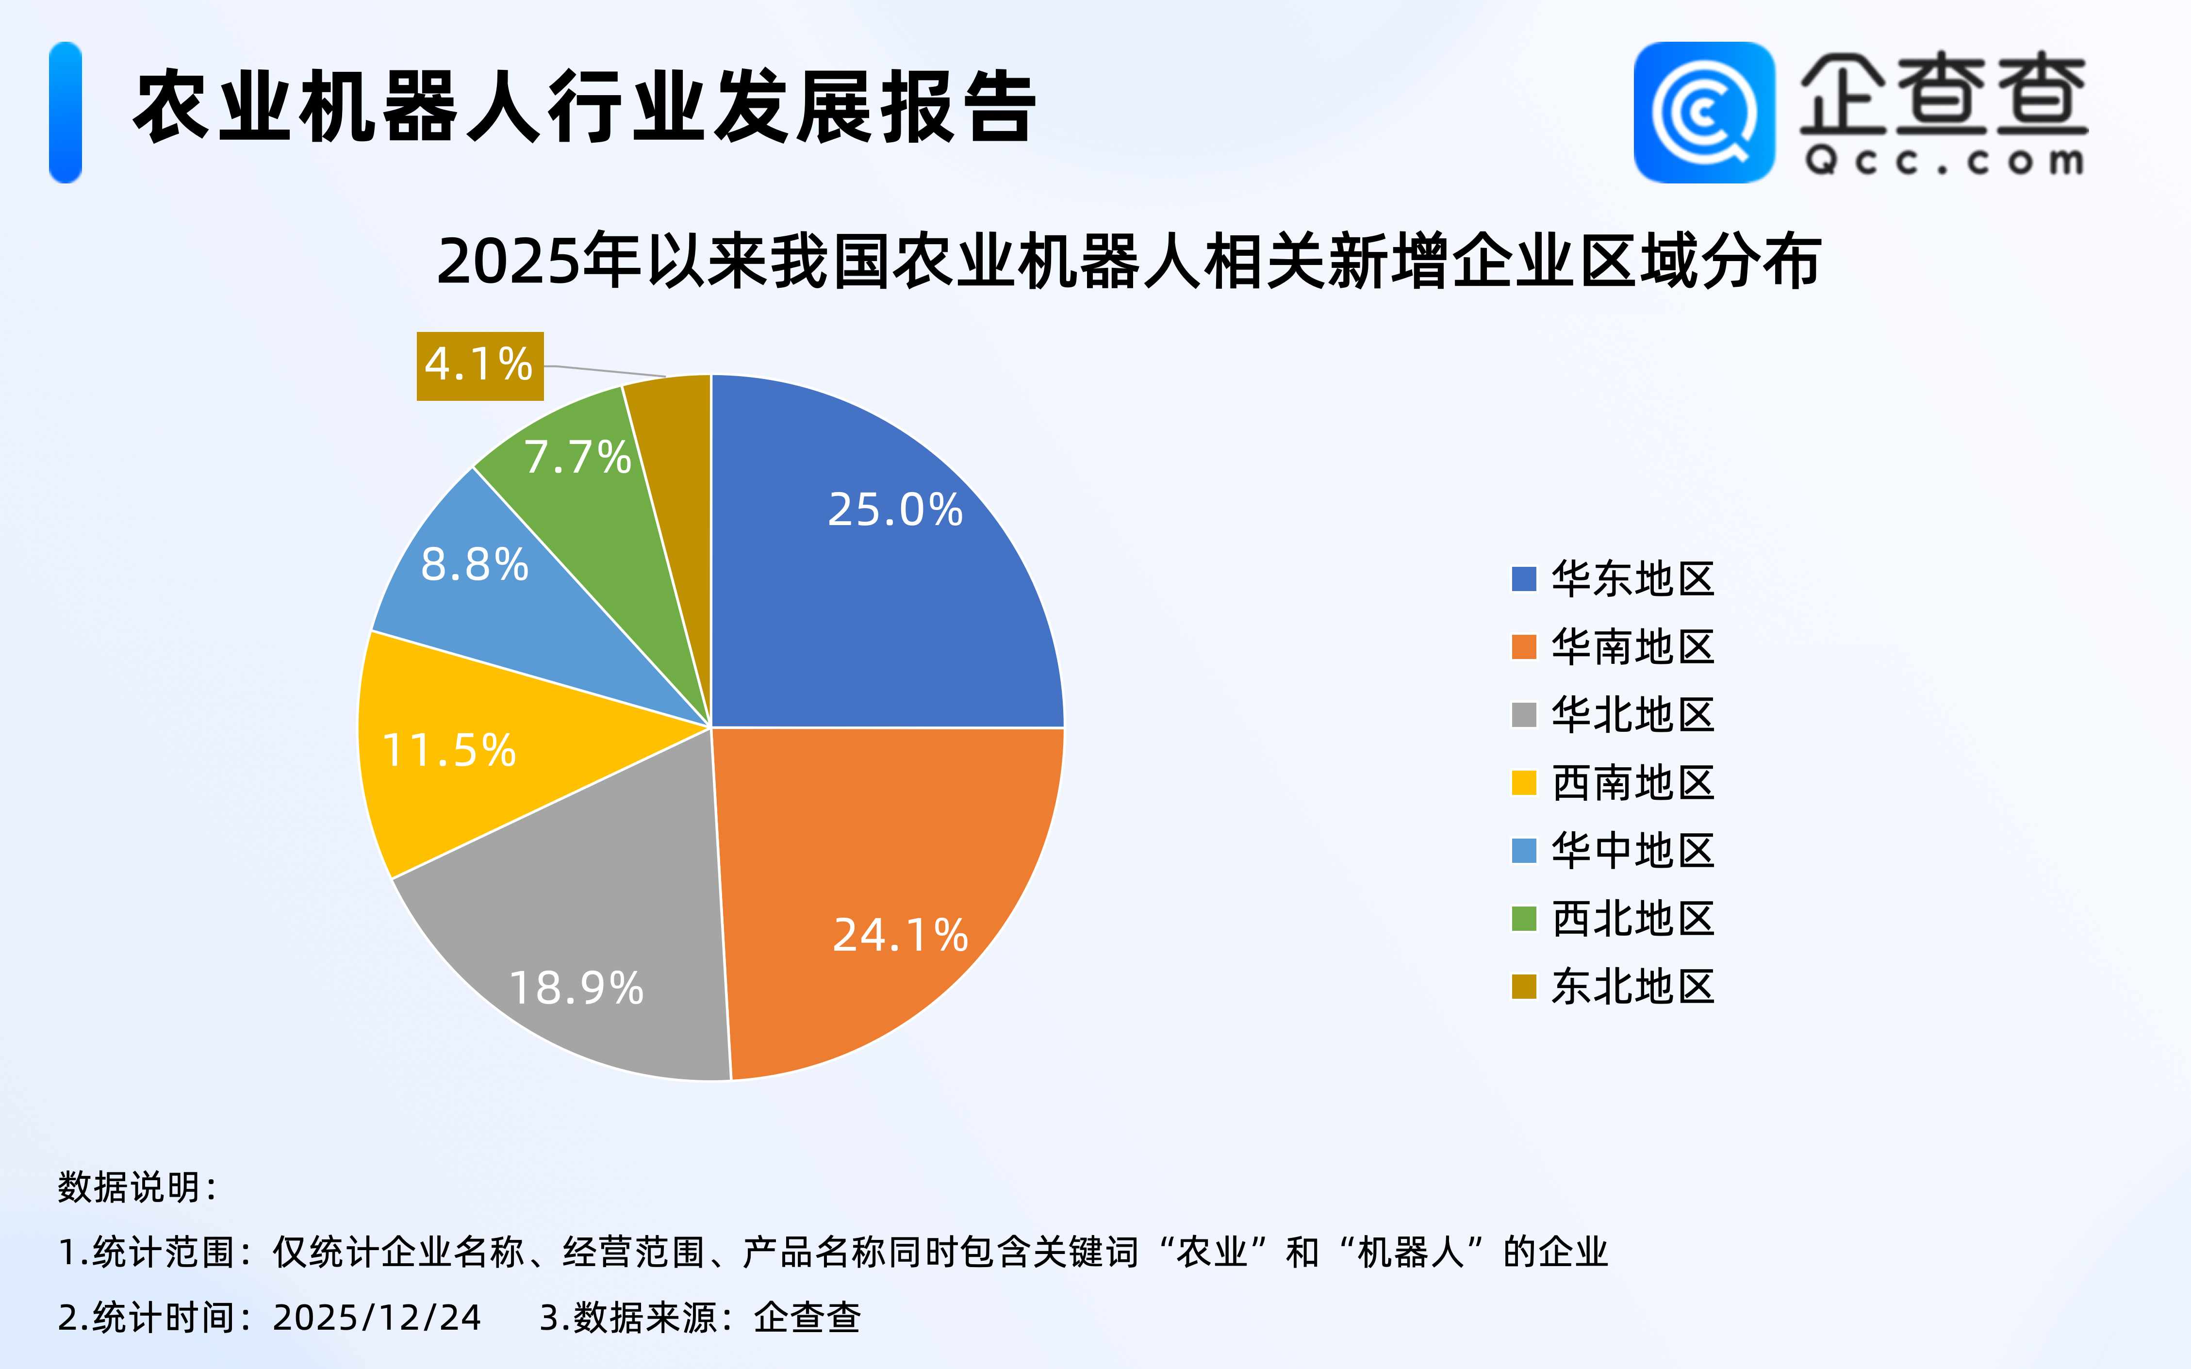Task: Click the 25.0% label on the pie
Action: coord(894,510)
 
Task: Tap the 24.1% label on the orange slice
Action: coord(900,935)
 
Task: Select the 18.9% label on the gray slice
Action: coord(576,988)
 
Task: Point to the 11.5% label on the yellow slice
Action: coord(449,751)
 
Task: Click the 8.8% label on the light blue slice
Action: coord(475,565)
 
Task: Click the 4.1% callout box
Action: coord(480,366)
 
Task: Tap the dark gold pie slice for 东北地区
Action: coord(679,471)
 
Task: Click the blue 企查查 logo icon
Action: coord(1704,112)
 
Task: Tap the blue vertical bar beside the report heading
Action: coord(65,112)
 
